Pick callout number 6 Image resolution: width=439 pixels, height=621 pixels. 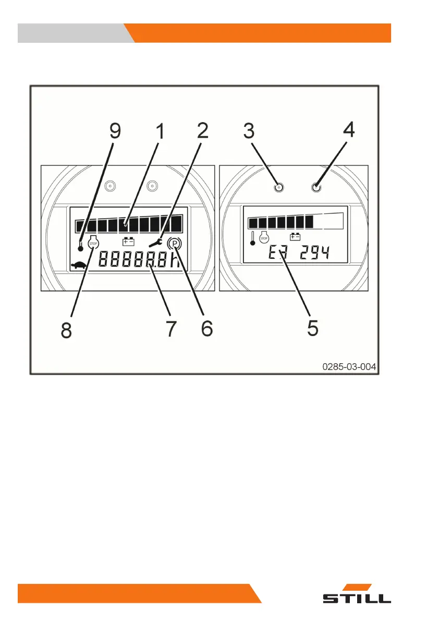[x=206, y=328]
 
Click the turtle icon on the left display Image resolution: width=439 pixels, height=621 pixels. [x=79, y=265]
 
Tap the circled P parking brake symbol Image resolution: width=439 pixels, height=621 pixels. [x=174, y=243]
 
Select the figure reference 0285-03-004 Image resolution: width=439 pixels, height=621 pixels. [x=349, y=367]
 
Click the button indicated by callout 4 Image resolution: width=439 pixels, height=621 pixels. [x=316, y=187]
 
